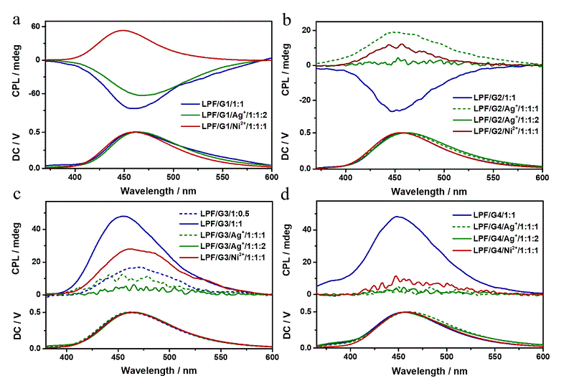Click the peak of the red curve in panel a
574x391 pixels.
[x=123, y=30]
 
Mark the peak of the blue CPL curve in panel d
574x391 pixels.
[x=396, y=216]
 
